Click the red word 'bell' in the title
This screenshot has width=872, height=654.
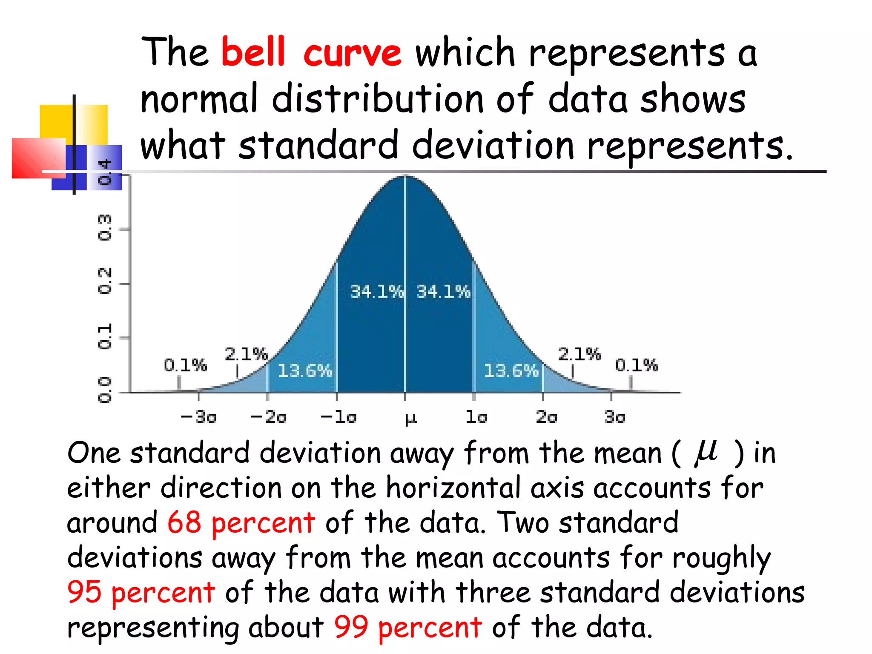pyautogui.click(x=253, y=52)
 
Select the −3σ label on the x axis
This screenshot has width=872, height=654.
pyautogui.click(x=198, y=417)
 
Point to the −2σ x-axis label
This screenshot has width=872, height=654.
pyautogui.click(x=268, y=417)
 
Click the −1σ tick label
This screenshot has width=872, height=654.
pyautogui.click(x=338, y=417)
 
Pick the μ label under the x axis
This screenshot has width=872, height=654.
pyautogui.click(x=410, y=418)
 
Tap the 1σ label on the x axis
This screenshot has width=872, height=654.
pyautogui.click(x=476, y=417)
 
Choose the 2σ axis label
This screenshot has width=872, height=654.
pyautogui.click(x=546, y=417)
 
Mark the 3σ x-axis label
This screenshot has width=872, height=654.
pyautogui.click(x=615, y=417)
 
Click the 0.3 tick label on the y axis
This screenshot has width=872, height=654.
pyautogui.click(x=105, y=228)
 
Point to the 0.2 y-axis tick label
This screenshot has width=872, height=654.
pyautogui.click(x=105, y=281)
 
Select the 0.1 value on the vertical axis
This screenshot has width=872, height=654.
pyautogui.click(x=105, y=336)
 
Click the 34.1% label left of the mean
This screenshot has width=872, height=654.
pyautogui.click(x=376, y=292)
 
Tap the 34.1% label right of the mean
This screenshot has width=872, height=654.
pyautogui.click(x=443, y=292)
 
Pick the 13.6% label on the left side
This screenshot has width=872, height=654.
pyautogui.click(x=305, y=371)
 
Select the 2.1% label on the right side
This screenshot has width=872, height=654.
pyautogui.click(x=579, y=354)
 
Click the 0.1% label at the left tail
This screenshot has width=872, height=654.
pyautogui.click(x=185, y=365)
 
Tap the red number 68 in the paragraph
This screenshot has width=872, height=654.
pyautogui.click(x=184, y=522)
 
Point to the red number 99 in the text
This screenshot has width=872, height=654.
pyautogui.click(x=351, y=627)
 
